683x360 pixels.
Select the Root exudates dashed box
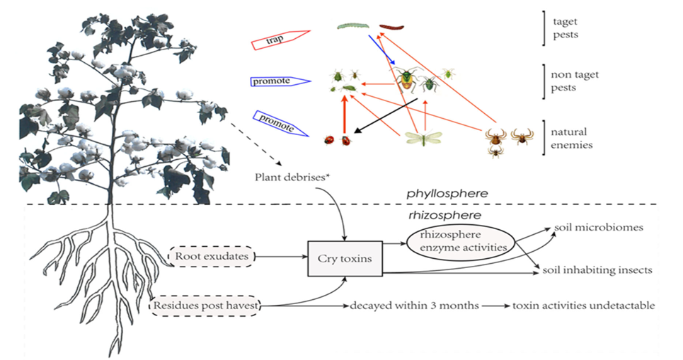[x=212, y=256]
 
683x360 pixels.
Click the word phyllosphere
[x=447, y=192]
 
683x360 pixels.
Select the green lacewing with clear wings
[x=423, y=138]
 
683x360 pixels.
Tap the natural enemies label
[x=572, y=138]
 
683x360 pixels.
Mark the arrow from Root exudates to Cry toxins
[x=280, y=256]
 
